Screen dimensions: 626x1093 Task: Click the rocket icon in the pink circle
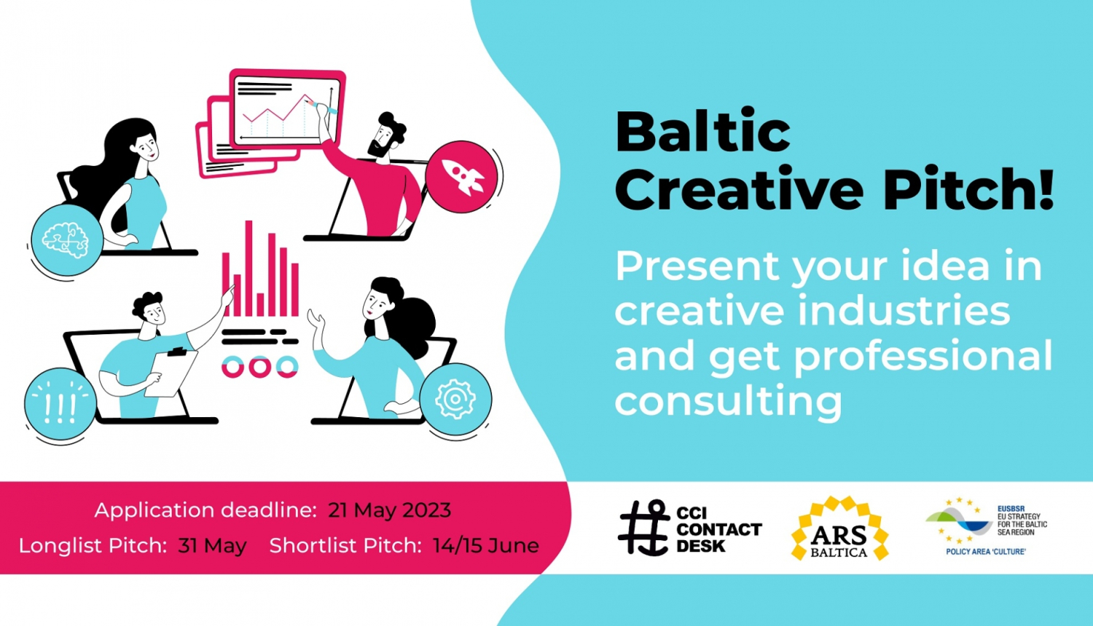tap(462, 177)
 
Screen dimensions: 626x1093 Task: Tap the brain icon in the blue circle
tap(66, 239)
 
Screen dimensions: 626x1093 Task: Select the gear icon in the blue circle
tap(455, 399)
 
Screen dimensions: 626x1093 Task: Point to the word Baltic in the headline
tap(702, 132)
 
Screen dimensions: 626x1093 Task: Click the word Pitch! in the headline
tap(968, 189)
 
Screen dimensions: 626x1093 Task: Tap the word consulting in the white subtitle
tap(728, 400)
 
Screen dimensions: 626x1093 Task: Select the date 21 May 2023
tap(389, 510)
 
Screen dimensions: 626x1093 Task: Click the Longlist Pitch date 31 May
tap(212, 545)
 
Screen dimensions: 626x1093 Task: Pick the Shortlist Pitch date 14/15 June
tap(485, 545)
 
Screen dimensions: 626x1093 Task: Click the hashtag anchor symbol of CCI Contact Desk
tap(643, 528)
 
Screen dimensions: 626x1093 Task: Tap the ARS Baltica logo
tap(839, 529)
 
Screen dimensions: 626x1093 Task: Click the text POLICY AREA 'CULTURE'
tap(985, 552)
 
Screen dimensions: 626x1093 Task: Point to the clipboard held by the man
tap(172, 373)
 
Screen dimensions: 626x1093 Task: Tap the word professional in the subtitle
tap(922, 356)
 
